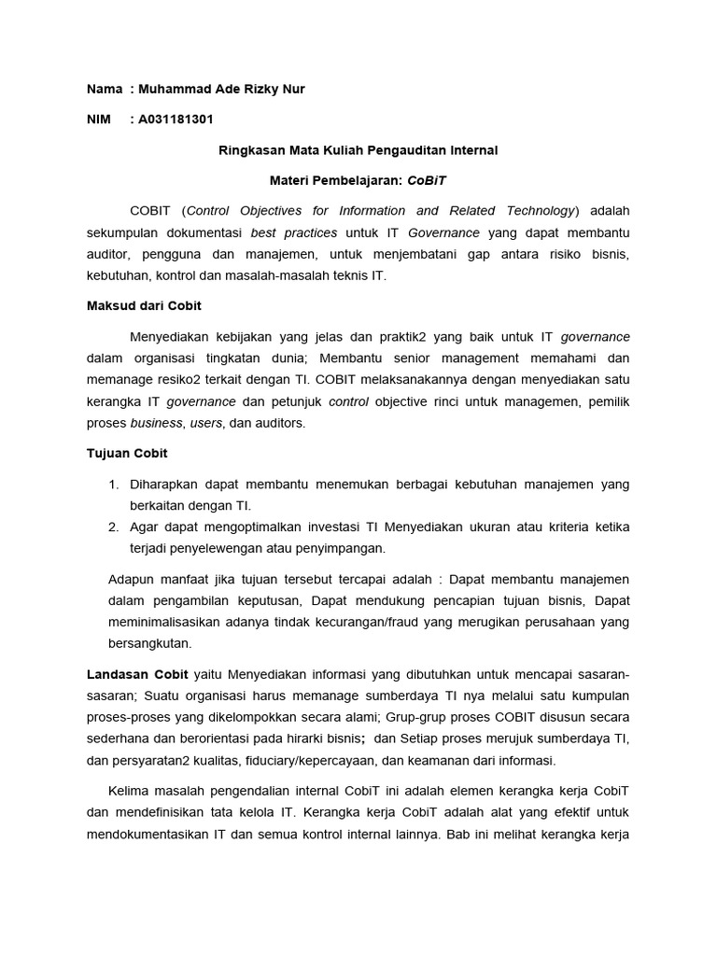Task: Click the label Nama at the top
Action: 104,89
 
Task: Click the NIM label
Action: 99,119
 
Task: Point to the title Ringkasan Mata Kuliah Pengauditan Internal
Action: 358,149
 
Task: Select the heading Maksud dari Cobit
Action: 144,305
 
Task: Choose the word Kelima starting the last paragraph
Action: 131,791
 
